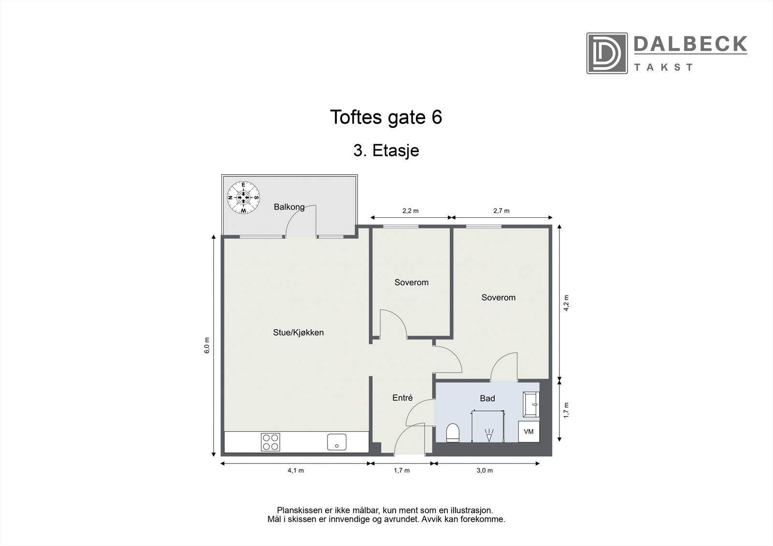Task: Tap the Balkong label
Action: (x=289, y=207)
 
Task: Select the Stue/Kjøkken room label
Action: (x=298, y=333)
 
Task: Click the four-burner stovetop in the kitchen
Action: (x=270, y=442)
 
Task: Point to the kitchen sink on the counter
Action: (x=336, y=442)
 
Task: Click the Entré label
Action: (x=402, y=398)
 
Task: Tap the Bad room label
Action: (x=487, y=399)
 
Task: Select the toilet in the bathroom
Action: (x=453, y=433)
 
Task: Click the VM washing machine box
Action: (x=529, y=432)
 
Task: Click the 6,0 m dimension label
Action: (x=207, y=345)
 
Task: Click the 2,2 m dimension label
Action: (x=410, y=211)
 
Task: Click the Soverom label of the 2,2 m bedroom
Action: (x=411, y=282)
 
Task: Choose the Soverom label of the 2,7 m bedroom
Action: (x=498, y=298)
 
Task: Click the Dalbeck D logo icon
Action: (x=607, y=53)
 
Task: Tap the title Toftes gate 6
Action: (x=386, y=117)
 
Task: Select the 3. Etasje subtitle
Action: (x=386, y=151)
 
